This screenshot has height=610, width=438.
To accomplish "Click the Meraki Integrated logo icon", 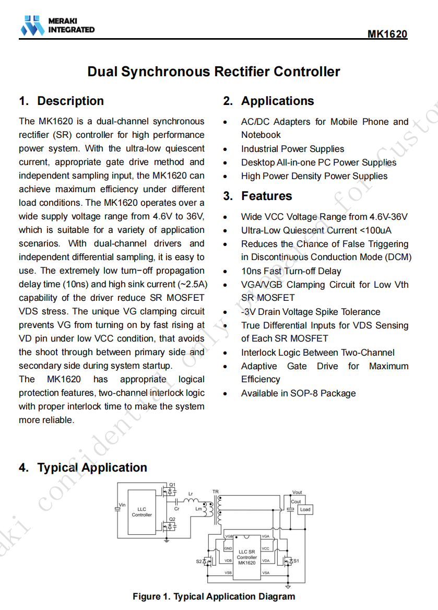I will [32, 26].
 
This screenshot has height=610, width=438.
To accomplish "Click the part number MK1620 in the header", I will [387, 34].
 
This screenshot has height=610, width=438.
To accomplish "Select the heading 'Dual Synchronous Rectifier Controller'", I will [214, 72].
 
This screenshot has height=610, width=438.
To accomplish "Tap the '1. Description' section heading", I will [62, 101].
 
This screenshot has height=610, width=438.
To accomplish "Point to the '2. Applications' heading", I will [269, 101].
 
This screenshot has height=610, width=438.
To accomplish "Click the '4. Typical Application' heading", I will [83, 467].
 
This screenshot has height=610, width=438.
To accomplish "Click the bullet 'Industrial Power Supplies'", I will [292, 149].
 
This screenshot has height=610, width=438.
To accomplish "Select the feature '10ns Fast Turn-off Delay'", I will [291, 271].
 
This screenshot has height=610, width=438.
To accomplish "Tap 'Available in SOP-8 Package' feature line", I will [298, 393].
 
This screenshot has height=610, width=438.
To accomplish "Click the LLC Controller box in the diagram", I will [142, 512].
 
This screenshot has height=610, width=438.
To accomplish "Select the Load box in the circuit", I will [305, 509].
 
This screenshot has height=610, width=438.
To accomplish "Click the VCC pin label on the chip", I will [265, 548].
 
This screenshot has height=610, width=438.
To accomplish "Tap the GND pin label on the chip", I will [228, 548].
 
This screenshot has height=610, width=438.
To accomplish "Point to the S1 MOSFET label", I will [296, 561].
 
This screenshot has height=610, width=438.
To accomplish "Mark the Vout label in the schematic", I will [297, 492].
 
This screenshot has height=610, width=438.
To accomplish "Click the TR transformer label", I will [216, 491].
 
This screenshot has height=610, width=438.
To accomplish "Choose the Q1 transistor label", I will [173, 484].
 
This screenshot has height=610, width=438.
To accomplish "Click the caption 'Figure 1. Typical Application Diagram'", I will [214, 596].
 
